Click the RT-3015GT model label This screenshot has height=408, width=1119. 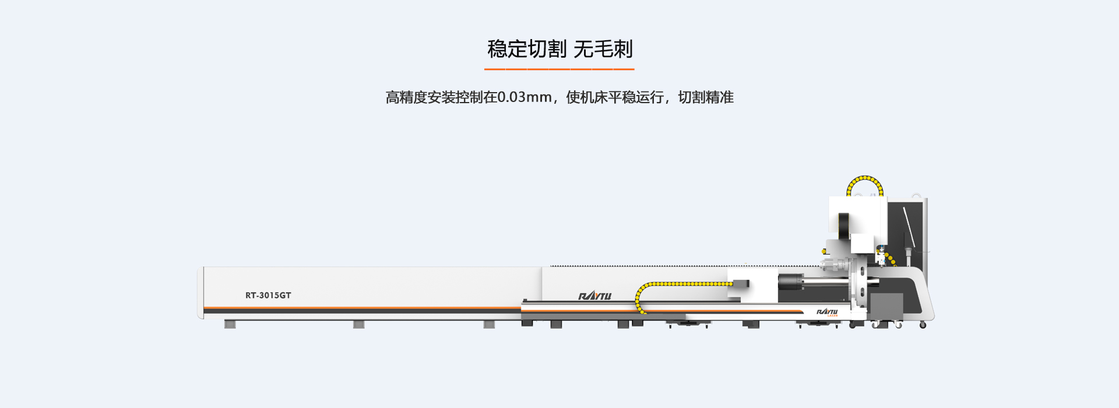[x=268, y=296]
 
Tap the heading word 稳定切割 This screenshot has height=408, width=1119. [x=527, y=49]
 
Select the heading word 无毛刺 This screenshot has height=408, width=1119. [x=603, y=49]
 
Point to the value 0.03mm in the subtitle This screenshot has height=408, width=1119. [x=525, y=97]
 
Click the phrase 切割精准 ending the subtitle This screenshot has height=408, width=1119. [x=706, y=97]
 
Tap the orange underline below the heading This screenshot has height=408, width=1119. [x=559, y=69]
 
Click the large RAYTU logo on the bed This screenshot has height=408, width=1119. [x=594, y=296]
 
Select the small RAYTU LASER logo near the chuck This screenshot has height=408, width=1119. [x=827, y=312]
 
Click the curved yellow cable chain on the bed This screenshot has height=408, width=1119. [x=670, y=284]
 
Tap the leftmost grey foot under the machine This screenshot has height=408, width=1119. [x=230, y=324]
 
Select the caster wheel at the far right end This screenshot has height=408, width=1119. [x=923, y=325]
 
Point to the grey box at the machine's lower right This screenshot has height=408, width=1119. [x=886, y=307]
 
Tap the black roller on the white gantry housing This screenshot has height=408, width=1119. [x=843, y=226]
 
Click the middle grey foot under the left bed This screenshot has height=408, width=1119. [x=358, y=324]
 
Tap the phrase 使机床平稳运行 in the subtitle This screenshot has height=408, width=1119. [x=614, y=97]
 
